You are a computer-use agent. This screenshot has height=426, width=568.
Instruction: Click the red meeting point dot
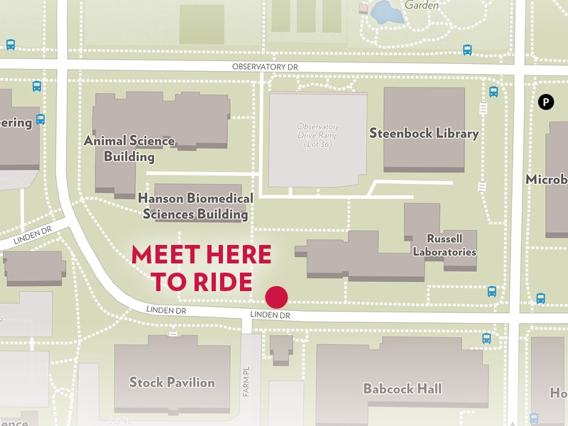tap(276, 297)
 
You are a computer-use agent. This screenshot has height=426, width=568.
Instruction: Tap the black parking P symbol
tap(545, 102)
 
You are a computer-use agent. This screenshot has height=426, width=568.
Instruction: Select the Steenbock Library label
tap(424, 133)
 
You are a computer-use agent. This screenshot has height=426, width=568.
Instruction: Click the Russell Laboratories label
tap(444, 246)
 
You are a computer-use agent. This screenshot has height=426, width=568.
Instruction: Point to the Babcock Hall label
tap(402, 388)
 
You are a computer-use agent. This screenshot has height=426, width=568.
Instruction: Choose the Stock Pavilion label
tap(172, 383)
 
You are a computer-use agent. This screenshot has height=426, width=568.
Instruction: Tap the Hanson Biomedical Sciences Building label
tap(195, 206)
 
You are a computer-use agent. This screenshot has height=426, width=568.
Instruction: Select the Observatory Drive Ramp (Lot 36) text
tap(318, 135)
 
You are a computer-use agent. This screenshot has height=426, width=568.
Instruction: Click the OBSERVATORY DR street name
tap(263, 67)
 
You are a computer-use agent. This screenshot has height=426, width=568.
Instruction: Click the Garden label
tap(421, 4)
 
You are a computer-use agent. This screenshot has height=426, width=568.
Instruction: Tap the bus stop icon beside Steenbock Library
tap(493, 92)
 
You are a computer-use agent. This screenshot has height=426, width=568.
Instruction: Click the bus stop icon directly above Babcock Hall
tap(486, 339)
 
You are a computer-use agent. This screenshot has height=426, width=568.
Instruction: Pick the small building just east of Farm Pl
tap(281, 349)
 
